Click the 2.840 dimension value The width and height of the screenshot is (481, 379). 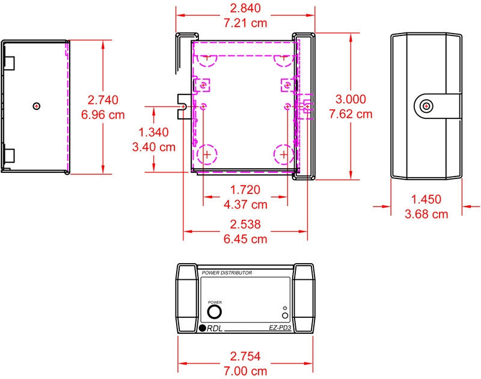coord(245,8)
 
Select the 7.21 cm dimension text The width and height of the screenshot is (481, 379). coord(245,23)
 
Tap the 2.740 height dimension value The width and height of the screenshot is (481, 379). coord(103,100)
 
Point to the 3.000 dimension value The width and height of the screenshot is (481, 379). coord(351,99)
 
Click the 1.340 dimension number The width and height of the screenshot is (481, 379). coord(153,132)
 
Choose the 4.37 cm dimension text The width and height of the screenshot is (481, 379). coord(245,204)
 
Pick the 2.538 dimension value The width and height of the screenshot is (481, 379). coord(245,224)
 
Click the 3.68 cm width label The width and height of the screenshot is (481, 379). coord(426,214)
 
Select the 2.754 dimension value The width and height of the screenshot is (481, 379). coord(245,356)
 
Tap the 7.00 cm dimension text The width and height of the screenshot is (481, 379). coord(245,371)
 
